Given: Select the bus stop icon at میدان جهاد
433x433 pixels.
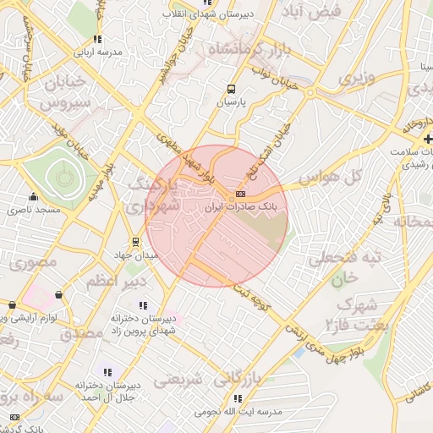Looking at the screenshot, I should pyautogui.click(x=136, y=242).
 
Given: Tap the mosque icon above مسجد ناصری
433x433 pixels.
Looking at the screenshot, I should pyautogui.click(x=33, y=197).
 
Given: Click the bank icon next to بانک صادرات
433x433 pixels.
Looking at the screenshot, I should pyautogui.click(x=229, y=196).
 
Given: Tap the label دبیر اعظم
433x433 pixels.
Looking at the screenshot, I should pyautogui.click(x=115, y=281).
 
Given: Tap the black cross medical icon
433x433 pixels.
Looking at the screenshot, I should pyautogui.click(x=429, y=138).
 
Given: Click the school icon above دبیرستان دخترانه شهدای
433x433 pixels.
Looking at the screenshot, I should pyautogui.click(x=143, y=305).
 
